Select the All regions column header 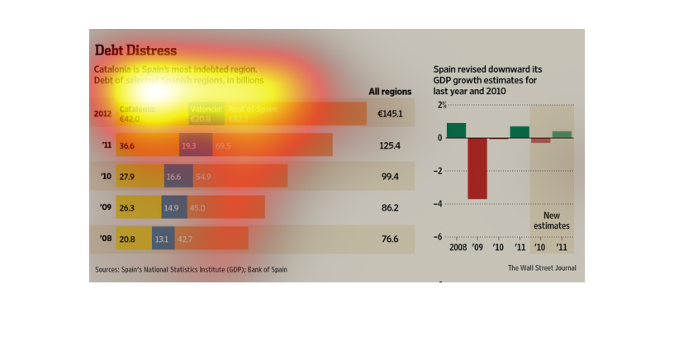point(388,92)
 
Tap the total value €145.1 point(389,114)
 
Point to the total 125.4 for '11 point(390,145)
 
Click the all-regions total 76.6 point(390,239)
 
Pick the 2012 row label point(103,114)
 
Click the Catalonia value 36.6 point(127,145)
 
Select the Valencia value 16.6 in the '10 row point(173,177)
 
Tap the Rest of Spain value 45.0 point(198,208)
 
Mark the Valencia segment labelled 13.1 point(162,239)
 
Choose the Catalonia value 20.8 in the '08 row point(127,239)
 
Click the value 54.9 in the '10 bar point(203,177)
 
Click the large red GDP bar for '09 point(477,168)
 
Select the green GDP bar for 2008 point(456,130)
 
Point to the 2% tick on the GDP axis point(442,106)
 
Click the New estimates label point(551,220)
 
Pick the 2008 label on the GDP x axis point(458,247)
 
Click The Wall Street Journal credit point(542,268)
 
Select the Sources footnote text point(191,269)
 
